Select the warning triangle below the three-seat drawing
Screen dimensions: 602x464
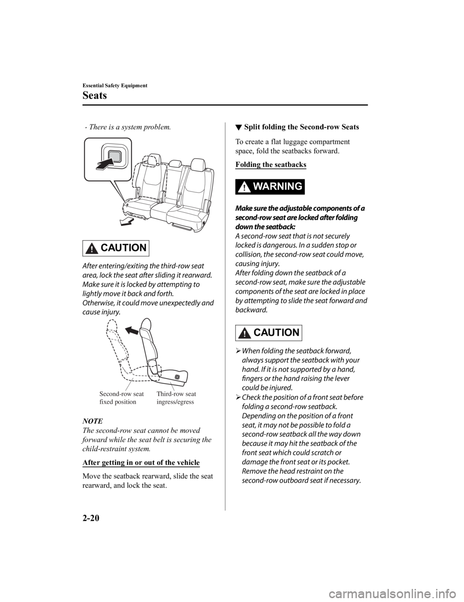pos(90,249)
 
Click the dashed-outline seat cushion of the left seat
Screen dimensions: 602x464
pos(140,207)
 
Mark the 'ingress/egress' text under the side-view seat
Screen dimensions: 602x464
pos(175,402)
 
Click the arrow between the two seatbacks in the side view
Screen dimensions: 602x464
pos(130,331)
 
